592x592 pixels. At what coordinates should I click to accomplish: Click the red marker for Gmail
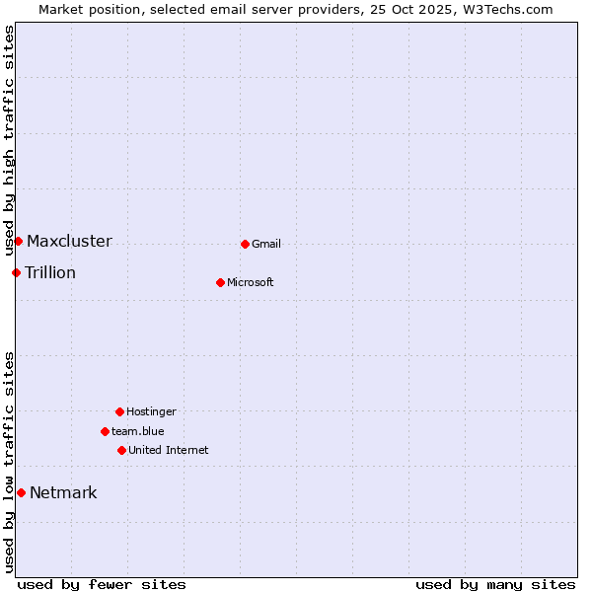click(x=245, y=244)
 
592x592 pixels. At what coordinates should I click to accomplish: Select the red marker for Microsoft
click(x=220, y=282)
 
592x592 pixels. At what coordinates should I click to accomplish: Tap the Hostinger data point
click(x=119, y=411)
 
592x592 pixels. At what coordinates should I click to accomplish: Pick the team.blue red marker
click(x=105, y=431)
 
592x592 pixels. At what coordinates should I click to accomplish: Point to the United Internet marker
click(x=121, y=450)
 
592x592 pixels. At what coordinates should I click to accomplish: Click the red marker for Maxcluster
click(x=18, y=241)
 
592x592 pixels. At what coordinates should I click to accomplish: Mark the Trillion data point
click(x=16, y=272)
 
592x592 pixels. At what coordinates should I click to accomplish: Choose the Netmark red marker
click(x=21, y=492)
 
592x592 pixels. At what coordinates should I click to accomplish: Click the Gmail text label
click(x=266, y=244)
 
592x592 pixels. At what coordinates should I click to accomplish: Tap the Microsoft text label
click(x=251, y=282)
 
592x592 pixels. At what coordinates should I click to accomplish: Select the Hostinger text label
click(x=151, y=411)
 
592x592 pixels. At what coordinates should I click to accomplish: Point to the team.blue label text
click(x=138, y=431)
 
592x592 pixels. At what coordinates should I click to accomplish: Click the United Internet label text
click(x=169, y=450)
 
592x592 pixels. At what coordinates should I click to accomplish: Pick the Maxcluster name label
click(x=69, y=241)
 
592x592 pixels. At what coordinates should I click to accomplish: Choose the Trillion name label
click(x=50, y=272)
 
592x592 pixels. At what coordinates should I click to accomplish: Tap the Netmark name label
click(x=63, y=492)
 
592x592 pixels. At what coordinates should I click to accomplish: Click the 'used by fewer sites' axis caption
click(x=102, y=584)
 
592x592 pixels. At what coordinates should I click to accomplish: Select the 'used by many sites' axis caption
click(x=495, y=584)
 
